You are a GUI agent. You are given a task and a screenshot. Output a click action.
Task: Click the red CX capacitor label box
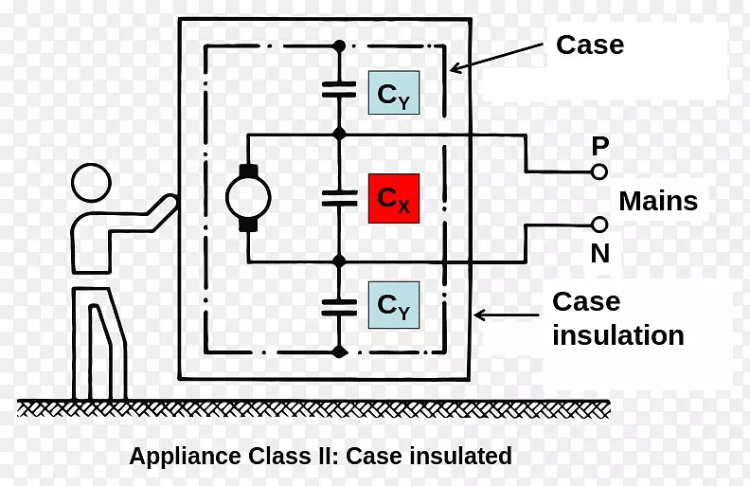(x=393, y=198)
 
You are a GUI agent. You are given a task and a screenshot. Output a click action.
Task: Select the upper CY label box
(x=393, y=93)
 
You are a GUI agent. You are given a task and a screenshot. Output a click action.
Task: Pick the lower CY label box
(x=393, y=305)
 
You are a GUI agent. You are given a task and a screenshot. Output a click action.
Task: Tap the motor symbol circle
(x=248, y=197)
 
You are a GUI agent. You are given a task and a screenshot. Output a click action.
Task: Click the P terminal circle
(x=598, y=172)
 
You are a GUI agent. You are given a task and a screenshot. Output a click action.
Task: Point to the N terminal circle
(x=598, y=225)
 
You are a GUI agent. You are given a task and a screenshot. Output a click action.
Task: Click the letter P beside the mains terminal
(x=599, y=146)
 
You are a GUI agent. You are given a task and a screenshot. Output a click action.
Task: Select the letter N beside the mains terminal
(x=600, y=254)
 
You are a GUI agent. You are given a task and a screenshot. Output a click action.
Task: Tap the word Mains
(x=658, y=201)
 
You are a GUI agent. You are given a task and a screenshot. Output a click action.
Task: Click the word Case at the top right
(x=589, y=45)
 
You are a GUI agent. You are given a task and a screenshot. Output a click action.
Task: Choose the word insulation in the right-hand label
(x=617, y=335)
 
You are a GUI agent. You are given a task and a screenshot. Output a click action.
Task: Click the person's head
(x=92, y=183)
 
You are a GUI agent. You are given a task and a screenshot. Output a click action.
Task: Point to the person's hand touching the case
(x=170, y=205)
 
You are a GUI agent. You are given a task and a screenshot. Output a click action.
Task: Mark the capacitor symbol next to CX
(x=339, y=198)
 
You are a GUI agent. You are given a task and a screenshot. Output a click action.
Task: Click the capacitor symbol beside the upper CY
(x=339, y=89)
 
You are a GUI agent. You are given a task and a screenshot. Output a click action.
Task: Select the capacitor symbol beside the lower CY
(x=339, y=305)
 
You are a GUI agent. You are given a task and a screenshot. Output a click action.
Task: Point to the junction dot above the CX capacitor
(x=339, y=135)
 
